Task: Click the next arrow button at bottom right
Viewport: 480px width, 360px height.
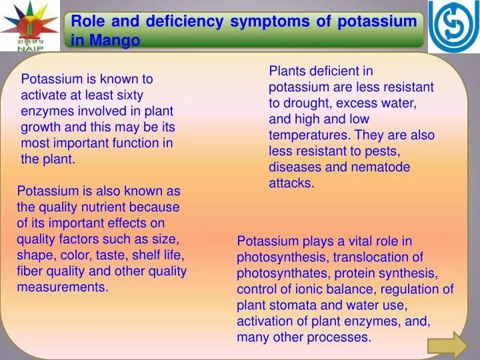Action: pyautogui.click(x=448, y=346)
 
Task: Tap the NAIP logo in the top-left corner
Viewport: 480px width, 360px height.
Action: pyautogui.click(x=29, y=26)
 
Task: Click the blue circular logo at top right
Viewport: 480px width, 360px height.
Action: pyautogui.click(x=453, y=27)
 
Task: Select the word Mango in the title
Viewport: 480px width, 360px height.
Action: pyautogui.click(x=115, y=40)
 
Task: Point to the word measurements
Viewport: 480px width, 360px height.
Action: pyautogui.click(x=62, y=287)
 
